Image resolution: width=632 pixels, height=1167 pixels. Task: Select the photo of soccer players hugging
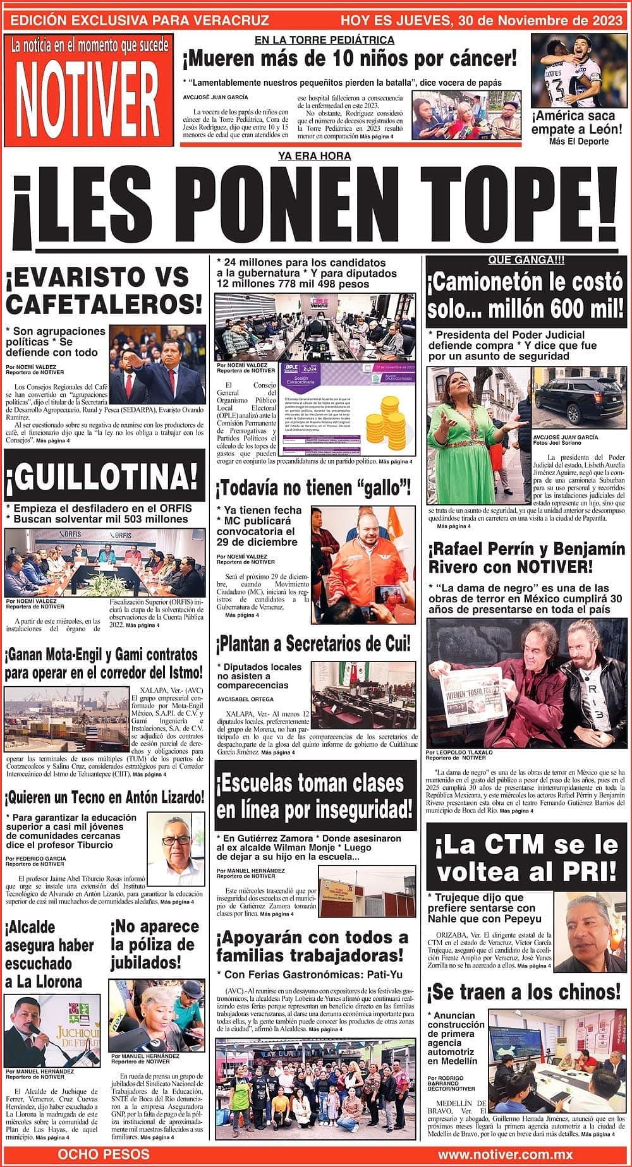pyautogui.click(x=576, y=70)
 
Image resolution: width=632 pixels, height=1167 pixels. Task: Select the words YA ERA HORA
pyautogui.click(x=314, y=156)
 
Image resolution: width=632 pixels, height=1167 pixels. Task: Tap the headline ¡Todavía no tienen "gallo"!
pyautogui.click(x=314, y=488)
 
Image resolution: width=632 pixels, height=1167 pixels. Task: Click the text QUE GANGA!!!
pyautogui.click(x=526, y=260)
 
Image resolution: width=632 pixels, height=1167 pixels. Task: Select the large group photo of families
pyautogui.click(x=315, y=1087)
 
